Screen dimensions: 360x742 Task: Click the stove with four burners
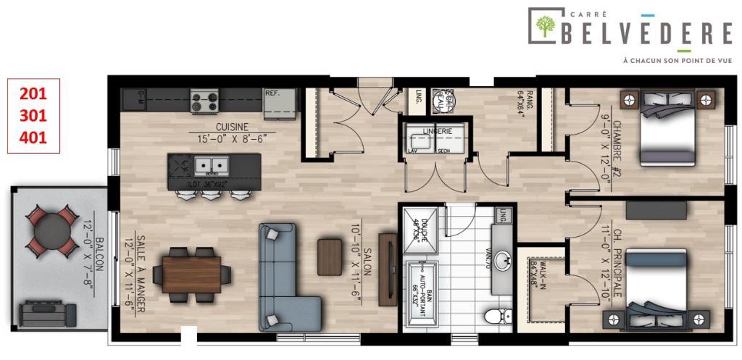[205, 101]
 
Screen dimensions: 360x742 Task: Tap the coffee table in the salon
[329, 256]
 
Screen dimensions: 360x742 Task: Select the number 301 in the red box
[32, 115]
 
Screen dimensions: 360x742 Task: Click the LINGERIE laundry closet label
[438, 131]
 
